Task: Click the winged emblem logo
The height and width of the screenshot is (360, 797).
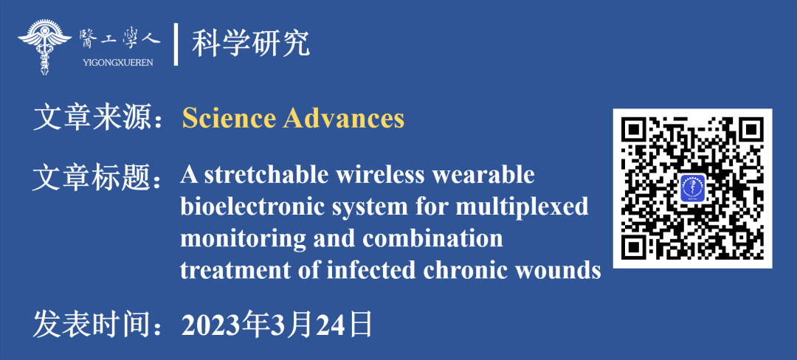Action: [x=45, y=47]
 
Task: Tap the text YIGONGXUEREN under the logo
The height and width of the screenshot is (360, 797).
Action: [x=117, y=63]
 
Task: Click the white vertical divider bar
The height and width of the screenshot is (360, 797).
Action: [x=176, y=44]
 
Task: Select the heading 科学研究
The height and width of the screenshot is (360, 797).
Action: [x=251, y=44]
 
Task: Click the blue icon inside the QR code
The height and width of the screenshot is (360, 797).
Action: [x=693, y=189]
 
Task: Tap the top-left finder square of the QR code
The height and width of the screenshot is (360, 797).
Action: [x=637, y=130]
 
